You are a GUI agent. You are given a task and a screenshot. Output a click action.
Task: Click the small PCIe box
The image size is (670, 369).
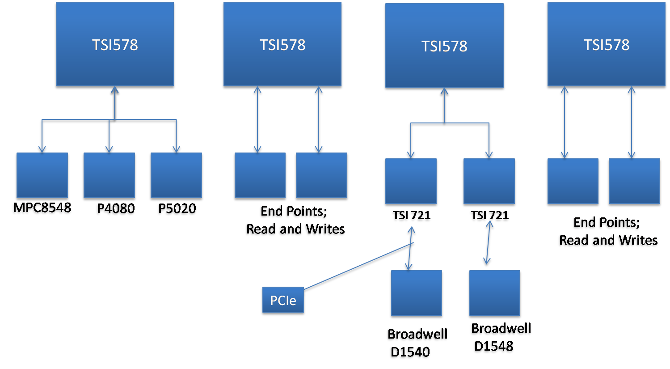(283, 301)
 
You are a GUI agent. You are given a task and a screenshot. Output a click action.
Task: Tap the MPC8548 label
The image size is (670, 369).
(42, 208)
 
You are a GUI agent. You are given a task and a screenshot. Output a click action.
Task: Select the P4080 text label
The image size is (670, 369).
(115, 209)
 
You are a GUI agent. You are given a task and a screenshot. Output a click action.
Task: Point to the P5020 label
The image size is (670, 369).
(177, 209)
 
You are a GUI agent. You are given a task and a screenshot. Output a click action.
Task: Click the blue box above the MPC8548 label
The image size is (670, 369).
(42, 175)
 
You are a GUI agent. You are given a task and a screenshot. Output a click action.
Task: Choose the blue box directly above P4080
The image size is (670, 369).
(109, 175)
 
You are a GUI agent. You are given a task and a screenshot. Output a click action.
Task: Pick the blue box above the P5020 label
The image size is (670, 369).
(177, 175)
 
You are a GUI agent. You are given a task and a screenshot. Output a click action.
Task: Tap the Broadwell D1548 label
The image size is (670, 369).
(500, 338)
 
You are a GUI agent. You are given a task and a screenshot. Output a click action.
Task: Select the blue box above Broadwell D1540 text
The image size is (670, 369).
(416, 293)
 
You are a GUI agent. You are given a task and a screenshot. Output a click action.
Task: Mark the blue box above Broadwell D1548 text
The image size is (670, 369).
(495, 293)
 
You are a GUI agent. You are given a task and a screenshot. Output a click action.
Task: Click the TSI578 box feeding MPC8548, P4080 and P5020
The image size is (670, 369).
(115, 45)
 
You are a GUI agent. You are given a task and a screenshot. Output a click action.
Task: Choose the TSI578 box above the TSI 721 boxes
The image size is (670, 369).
(444, 46)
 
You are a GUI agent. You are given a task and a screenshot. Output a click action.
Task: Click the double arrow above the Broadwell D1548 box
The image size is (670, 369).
(489, 244)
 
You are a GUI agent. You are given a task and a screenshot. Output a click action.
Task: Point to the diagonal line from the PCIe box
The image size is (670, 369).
(358, 267)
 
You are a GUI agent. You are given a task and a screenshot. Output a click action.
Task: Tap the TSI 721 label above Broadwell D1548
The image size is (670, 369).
(489, 216)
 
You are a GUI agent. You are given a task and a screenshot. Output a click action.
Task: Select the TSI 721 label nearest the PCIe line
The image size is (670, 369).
(411, 216)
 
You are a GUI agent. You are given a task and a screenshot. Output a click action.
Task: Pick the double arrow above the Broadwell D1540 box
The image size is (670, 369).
(410, 248)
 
